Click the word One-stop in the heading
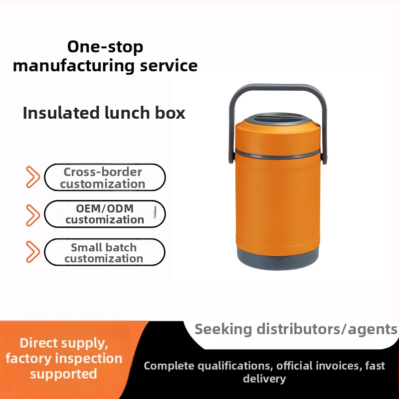(x=105, y=47)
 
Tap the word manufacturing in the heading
(x=74, y=66)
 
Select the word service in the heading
(x=169, y=65)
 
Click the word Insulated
(x=61, y=113)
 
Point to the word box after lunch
(x=170, y=113)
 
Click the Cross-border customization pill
(x=105, y=178)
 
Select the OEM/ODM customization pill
(x=105, y=214)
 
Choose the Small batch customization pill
(x=105, y=252)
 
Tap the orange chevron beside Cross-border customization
(x=33, y=177)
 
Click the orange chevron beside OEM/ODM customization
(x=33, y=215)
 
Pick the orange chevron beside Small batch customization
(x=33, y=252)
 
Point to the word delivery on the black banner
(x=264, y=379)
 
